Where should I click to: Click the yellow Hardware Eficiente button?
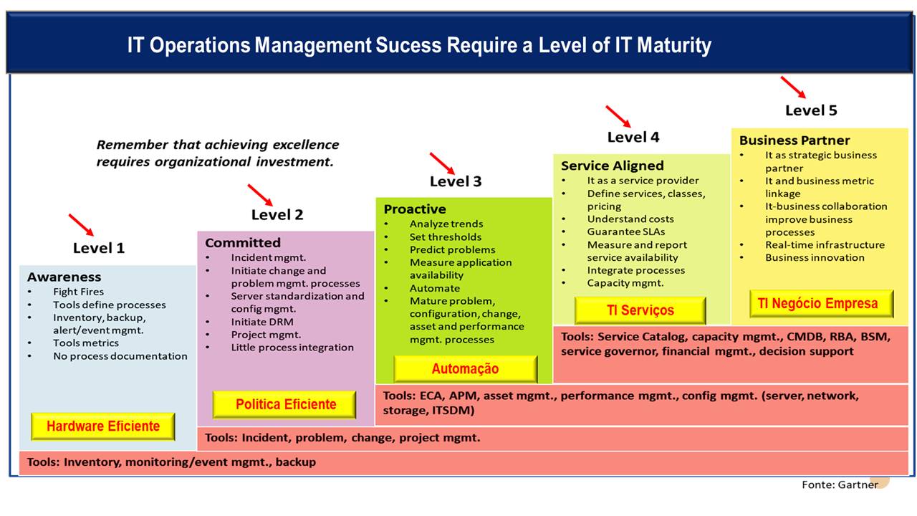tap(103, 426)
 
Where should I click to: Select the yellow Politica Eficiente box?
tap(284, 404)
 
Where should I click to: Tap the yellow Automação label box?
tap(466, 369)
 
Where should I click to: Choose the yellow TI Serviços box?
tap(640, 310)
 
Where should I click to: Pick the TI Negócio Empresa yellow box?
tap(822, 303)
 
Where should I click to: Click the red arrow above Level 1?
tap(81, 225)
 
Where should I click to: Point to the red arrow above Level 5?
tap(793, 87)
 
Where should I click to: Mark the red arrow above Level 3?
tap(442, 163)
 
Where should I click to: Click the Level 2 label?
tap(277, 214)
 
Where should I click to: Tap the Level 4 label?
tap(633, 137)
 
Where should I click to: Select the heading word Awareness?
tap(64, 277)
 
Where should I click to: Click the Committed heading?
tap(243, 243)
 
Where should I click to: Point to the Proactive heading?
tap(415, 209)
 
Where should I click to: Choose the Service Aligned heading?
tap(613, 166)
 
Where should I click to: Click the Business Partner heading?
tap(794, 140)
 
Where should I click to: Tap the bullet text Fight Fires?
tap(78, 292)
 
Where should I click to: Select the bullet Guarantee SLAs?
tap(626, 231)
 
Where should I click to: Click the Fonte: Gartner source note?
tap(840, 485)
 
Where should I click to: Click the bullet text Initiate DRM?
tap(262, 322)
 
